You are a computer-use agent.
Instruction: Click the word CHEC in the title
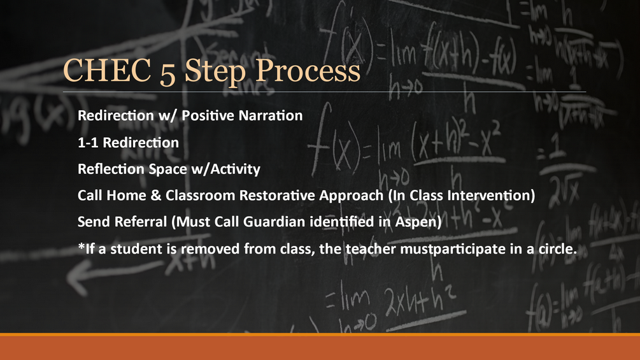(107, 70)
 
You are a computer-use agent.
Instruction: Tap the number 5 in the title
(167, 73)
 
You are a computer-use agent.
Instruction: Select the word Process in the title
(308, 72)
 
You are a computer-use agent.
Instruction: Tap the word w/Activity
(225, 169)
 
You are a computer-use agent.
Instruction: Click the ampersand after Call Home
(156, 196)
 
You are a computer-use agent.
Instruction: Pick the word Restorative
(277, 196)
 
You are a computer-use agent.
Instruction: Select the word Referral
(140, 222)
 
